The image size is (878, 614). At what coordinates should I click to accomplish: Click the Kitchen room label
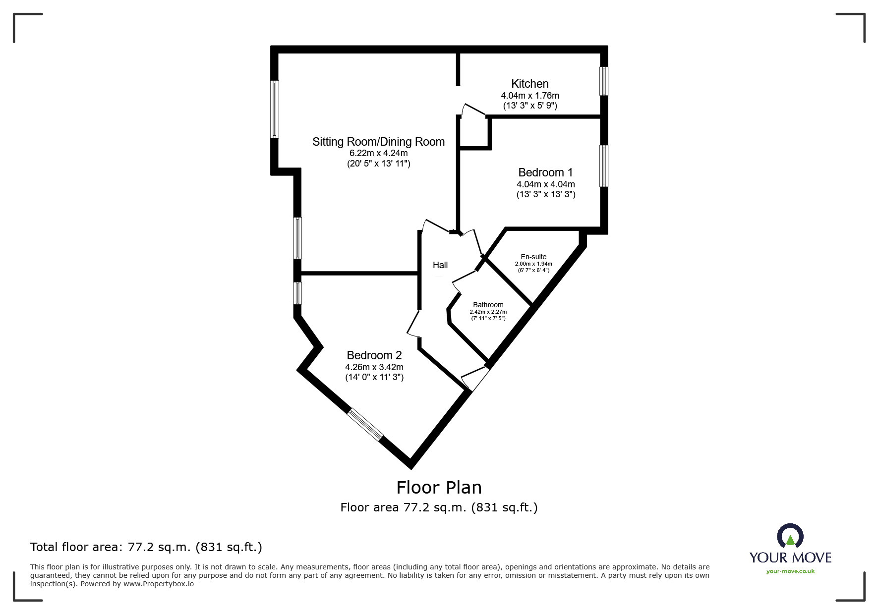(x=530, y=84)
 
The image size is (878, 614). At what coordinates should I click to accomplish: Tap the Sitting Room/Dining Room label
(x=378, y=142)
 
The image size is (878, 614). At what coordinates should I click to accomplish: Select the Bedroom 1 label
(x=545, y=172)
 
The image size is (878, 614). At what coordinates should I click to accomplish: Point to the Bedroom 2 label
(x=374, y=355)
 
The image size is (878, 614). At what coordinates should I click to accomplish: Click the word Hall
(x=440, y=265)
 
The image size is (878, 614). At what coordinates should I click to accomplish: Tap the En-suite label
(x=533, y=257)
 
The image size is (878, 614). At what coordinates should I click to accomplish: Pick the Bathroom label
(x=488, y=305)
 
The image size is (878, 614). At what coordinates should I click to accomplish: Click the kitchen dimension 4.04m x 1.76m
(x=530, y=95)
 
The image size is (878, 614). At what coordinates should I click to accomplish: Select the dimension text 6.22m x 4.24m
(x=378, y=153)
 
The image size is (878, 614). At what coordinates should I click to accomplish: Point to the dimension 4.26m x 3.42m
(x=374, y=367)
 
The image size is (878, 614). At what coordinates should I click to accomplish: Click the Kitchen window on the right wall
(x=604, y=81)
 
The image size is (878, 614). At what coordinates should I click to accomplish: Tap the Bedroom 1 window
(x=604, y=166)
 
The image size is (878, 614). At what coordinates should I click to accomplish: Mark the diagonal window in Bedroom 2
(x=365, y=425)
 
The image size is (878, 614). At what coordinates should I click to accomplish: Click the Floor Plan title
(x=439, y=488)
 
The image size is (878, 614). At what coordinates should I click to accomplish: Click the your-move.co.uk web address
(x=790, y=571)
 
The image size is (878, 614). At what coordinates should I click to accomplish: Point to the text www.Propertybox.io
(x=159, y=584)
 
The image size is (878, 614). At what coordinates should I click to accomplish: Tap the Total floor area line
(x=146, y=547)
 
